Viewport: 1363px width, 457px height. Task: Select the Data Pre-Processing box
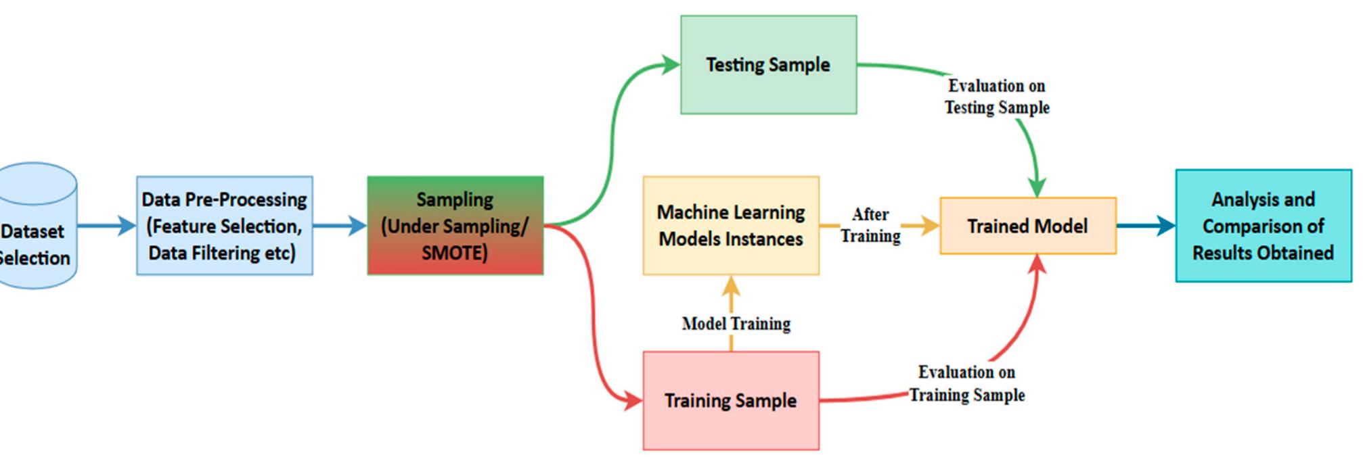[x=224, y=226]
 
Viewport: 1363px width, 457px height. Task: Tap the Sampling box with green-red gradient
[x=455, y=226]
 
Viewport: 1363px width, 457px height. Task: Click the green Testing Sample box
[x=768, y=65]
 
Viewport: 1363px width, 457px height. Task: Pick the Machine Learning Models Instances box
[x=731, y=226]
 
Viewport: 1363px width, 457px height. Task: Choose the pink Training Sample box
[x=731, y=400]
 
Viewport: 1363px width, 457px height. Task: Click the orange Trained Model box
[x=1027, y=226]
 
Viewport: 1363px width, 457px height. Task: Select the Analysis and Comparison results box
[x=1263, y=226]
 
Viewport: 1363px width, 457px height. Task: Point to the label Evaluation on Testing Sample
[x=997, y=97]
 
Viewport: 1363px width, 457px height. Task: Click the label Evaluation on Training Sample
[x=966, y=383]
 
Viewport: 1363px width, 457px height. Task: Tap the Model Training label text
[x=736, y=324]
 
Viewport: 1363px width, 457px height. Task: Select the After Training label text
[x=870, y=225]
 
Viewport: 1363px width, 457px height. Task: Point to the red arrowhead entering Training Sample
[x=633, y=400]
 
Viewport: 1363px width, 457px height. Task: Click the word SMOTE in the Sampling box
[x=454, y=253]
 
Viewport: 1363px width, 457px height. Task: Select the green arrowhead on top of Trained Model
[x=1037, y=187]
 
